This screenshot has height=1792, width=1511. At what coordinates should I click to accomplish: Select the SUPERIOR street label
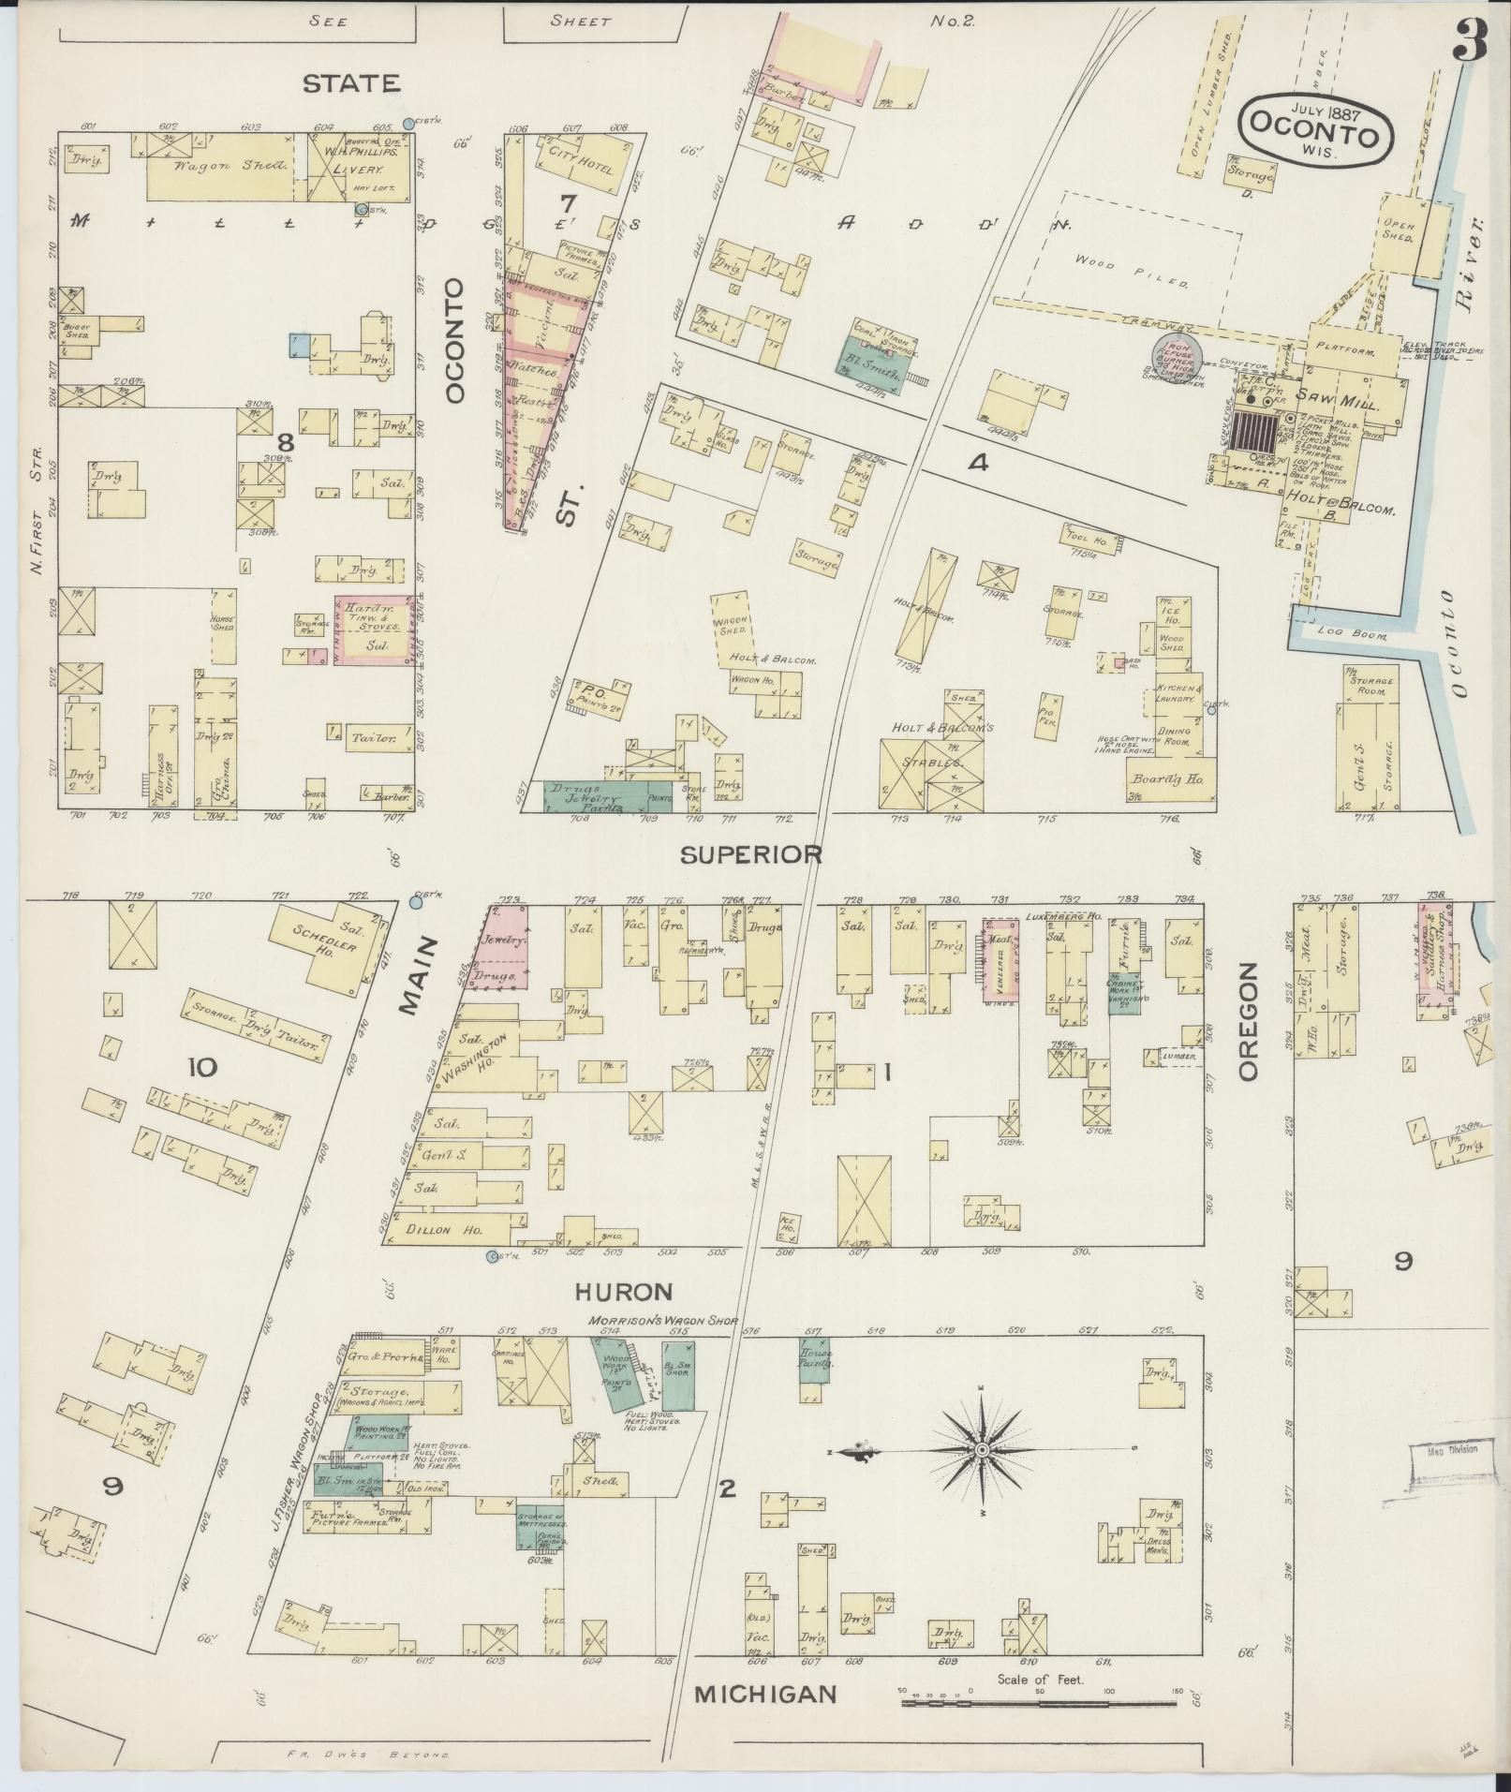(x=751, y=854)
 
